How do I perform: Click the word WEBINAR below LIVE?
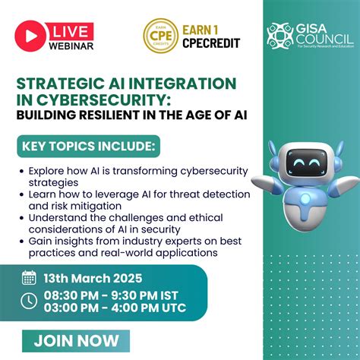point(71,46)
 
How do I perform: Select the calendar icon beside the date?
point(29,277)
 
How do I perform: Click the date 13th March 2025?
point(93,277)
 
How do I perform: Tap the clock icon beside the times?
point(29,301)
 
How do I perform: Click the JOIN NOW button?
point(76,339)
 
